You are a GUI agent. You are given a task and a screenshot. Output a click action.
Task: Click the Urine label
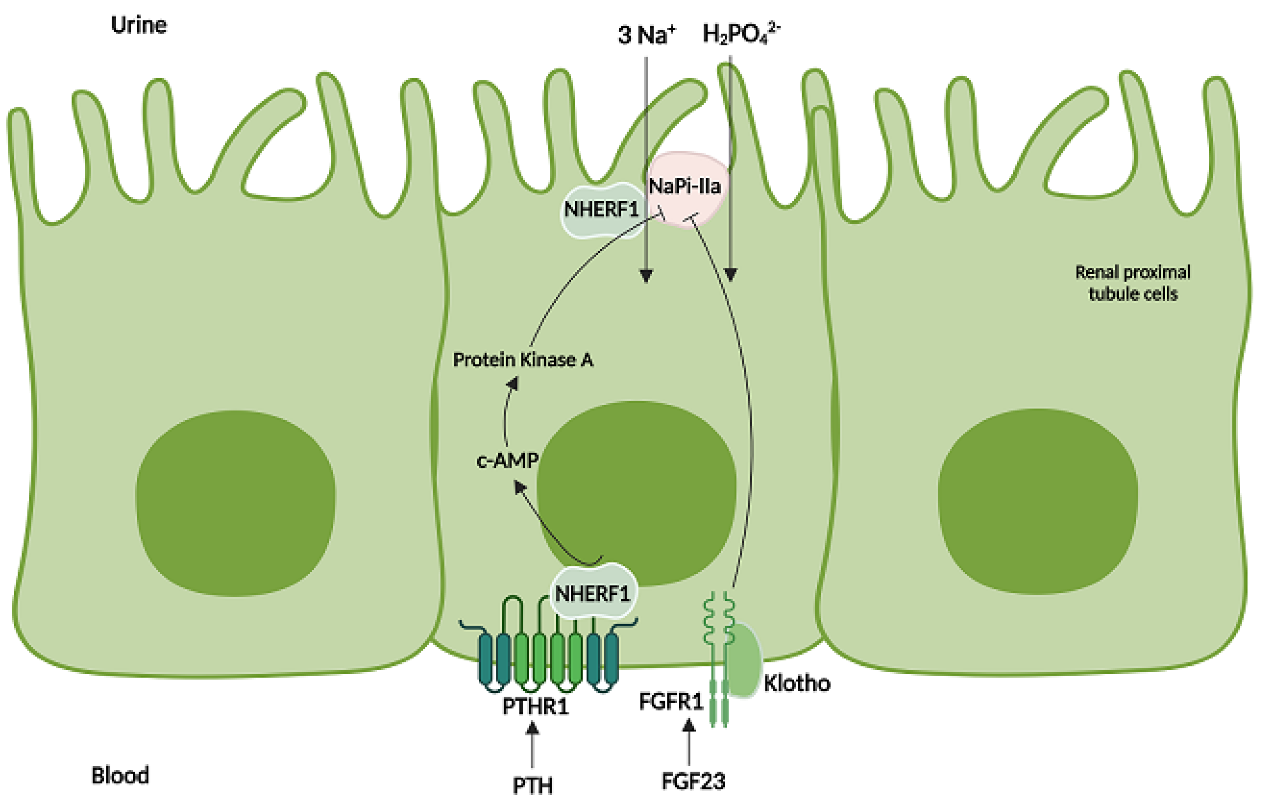tap(139, 25)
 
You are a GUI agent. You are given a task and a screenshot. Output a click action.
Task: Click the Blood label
tap(120, 775)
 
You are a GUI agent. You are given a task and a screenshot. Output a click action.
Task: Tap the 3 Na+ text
tap(646, 35)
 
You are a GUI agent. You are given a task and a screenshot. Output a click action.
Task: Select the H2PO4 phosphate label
tap(740, 34)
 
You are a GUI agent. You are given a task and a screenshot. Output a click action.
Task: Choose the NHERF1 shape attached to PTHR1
tap(592, 593)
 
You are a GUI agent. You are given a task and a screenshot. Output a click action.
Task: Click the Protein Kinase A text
tap(523, 360)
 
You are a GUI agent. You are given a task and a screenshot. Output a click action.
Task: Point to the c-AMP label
tap(507, 461)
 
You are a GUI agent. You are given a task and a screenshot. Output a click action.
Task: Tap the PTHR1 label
tap(535, 706)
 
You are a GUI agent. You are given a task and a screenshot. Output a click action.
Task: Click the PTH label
tap(532, 785)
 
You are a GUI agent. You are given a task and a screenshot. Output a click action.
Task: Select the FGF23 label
tap(693, 781)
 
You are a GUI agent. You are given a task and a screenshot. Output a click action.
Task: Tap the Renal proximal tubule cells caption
tap(1132, 283)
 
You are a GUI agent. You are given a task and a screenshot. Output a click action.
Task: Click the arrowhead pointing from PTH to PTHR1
tap(532, 728)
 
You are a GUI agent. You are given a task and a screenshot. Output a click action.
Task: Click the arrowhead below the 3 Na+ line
tap(646, 276)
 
